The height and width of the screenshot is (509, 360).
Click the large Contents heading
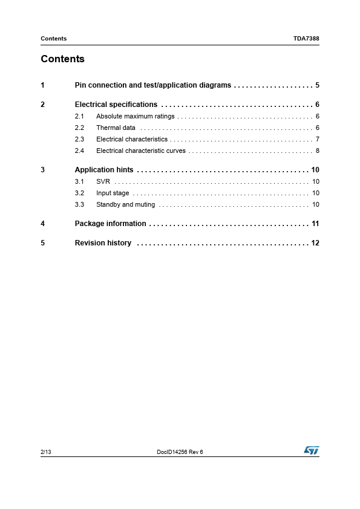pos(62,59)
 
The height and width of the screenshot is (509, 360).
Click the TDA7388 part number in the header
pos(306,39)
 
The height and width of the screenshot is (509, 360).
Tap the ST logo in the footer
pos(311,451)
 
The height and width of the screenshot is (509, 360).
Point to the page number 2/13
pos(46,452)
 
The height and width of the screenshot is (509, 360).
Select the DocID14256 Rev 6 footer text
pos(180,452)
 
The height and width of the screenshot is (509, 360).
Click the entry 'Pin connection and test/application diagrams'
pos(152,85)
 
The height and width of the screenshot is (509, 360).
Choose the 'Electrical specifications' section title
pos(116,105)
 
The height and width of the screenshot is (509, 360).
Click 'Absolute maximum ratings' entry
pos(135,116)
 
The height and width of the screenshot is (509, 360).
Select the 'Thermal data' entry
pos(116,128)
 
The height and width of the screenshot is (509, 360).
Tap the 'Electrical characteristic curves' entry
pos(140,151)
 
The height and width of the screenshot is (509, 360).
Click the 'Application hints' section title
pos(103,170)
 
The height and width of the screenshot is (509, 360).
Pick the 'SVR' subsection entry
pos(103,181)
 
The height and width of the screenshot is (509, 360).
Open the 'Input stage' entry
pos(113,193)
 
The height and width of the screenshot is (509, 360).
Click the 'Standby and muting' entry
pos(125,204)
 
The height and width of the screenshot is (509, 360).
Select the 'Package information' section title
pos(110,224)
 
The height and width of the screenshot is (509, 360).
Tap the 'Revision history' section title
pos(103,243)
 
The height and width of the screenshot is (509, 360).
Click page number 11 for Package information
pos(315,224)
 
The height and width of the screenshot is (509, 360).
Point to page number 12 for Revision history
pos(315,243)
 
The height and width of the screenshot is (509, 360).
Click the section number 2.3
pos(79,139)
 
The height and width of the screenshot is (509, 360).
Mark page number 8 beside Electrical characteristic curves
pos(317,151)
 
